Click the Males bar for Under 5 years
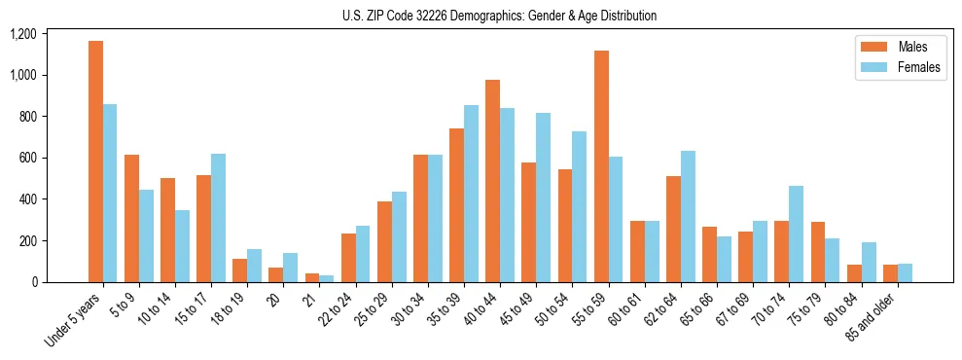(95, 162)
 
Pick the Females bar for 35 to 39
(471, 194)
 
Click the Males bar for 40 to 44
(492, 181)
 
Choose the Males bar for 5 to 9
(131, 218)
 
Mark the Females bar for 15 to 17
(218, 218)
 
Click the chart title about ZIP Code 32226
(499, 16)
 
